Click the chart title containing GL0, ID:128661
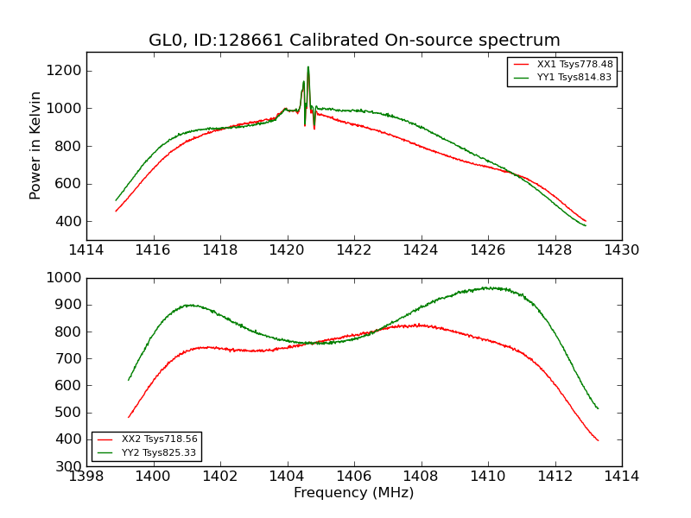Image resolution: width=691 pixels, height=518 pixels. pyautogui.click(x=354, y=41)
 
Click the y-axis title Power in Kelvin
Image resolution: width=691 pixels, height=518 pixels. pyautogui.click(x=35, y=145)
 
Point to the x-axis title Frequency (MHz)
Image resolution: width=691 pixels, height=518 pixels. pyautogui.click(x=354, y=493)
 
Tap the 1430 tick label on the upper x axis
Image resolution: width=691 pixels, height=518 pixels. pyautogui.click(x=621, y=250)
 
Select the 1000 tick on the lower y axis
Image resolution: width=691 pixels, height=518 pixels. pyautogui.click(x=67, y=278)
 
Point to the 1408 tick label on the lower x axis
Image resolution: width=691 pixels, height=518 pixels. pyautogui.click(x=421, y=476)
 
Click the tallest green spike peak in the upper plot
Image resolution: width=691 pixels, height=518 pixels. pyautogui.click(x=307, y=67)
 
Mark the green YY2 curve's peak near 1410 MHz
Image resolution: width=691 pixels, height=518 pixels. pyautogui.click(x=488, y=287)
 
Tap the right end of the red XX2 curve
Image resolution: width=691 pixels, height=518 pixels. pyautogui.click(x=598, y=440)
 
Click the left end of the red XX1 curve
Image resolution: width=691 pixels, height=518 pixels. pyautogui.click(x=116, y=211)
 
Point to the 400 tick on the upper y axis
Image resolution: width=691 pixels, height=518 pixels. pyautogui.click(x=71, y=221)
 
